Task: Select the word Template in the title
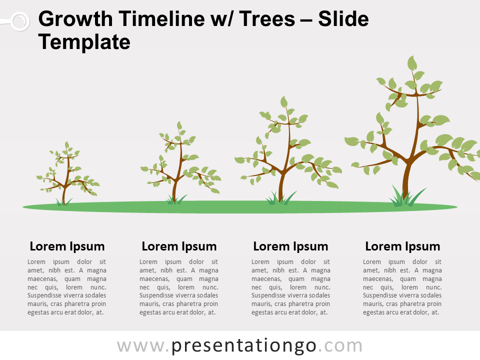(84, 42)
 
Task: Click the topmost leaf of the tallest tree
(412, 63)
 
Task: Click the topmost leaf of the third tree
(284, 102)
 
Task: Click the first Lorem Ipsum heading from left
(67, 246)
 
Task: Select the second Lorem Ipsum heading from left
(179, 246)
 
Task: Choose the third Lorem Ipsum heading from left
(290, 246)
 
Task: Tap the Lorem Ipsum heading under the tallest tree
(402, 246)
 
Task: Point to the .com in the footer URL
(340, 346)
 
